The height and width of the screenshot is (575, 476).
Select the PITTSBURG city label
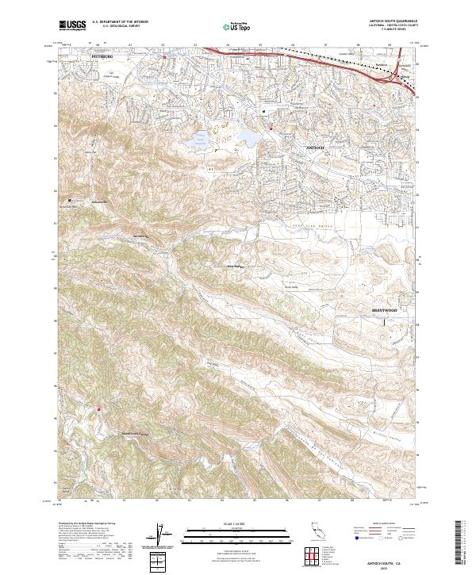(x=103, y=58)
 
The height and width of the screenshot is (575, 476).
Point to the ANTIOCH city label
(x=316, y=148)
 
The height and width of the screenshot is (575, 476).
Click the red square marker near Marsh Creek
(x=98, y=409)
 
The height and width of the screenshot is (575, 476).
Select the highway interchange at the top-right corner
(x=397, y=75)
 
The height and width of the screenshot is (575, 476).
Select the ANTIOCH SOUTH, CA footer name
(x=374, y=560)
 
